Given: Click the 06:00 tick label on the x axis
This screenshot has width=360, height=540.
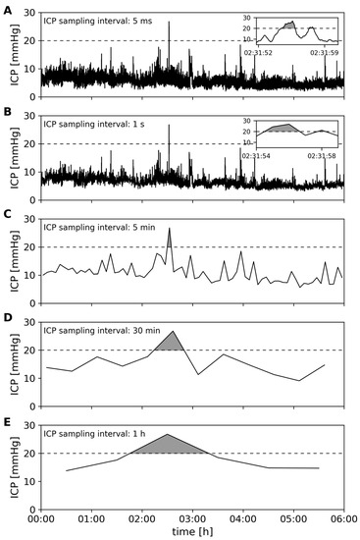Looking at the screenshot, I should pyautogui.click(x=342, y=513).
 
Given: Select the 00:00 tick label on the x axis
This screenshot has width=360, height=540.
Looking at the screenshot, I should pyautogui.click(x=40, y=513).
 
